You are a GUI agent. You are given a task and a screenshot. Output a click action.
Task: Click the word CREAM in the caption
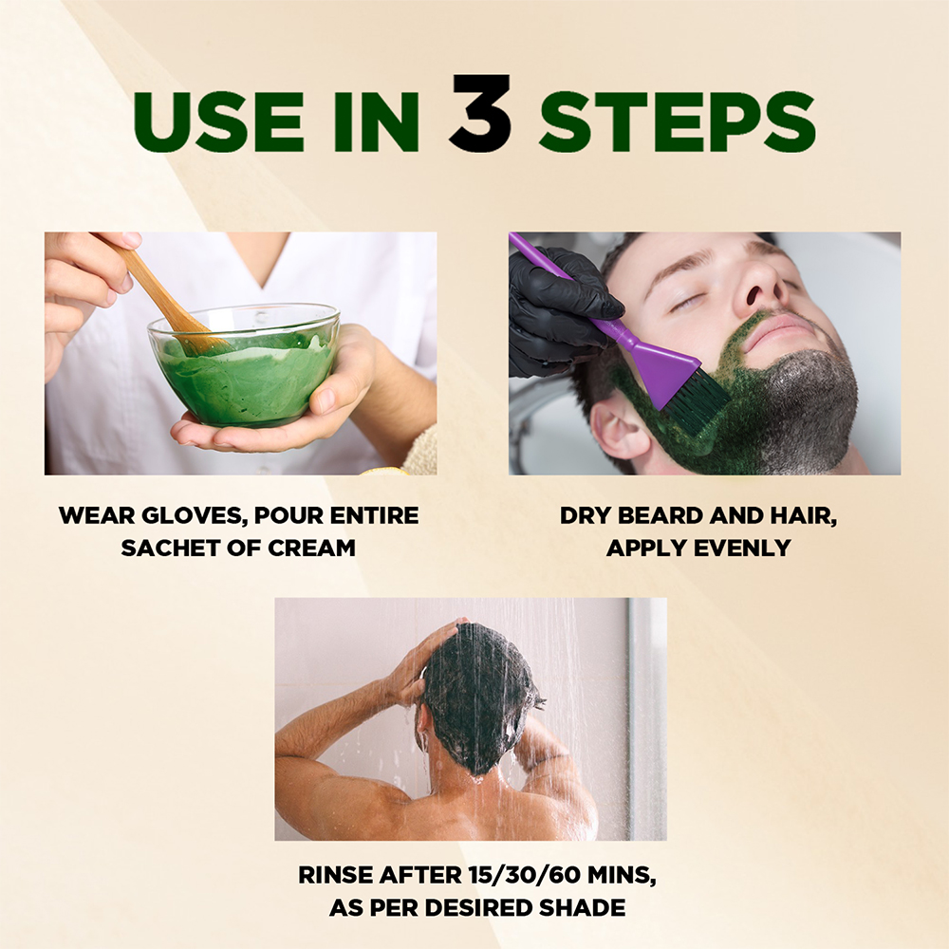tap(311, 549)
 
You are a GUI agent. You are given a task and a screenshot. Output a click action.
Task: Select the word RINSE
tap(335, 876)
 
